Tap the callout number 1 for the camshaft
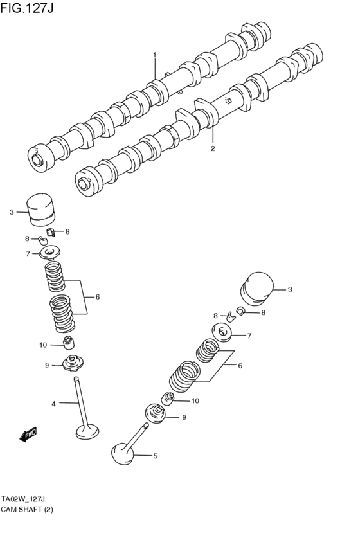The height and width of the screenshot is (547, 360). tap(154, 55)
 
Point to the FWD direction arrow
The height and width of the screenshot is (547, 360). tap(28, 435)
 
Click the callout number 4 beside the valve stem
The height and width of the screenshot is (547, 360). tap(54, 404)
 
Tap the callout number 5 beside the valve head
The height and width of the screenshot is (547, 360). tap(155, 456)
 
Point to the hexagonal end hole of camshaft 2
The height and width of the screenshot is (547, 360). tap(82, 182)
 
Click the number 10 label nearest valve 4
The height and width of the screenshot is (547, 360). tap(43, 345)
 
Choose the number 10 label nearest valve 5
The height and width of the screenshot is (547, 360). tap(195, 401)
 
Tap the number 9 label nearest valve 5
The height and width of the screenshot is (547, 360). tap(184, 417)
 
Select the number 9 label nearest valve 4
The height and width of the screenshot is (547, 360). tap(47, 366)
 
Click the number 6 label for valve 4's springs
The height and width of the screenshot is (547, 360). tap(97, 297)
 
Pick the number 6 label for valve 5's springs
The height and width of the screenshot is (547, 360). tap(240, 366)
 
